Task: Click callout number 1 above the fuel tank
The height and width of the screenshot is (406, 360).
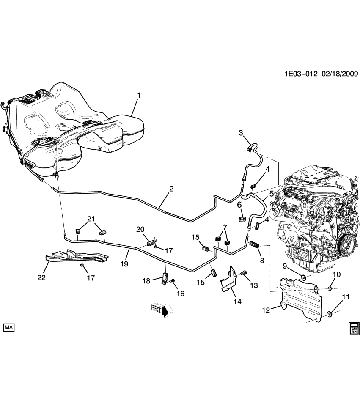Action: point(138,95)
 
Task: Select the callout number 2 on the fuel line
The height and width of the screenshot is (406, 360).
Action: point(172,189)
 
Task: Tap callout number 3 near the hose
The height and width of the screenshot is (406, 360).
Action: point(241,133)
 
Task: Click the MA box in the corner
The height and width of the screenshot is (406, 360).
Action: point(9,327)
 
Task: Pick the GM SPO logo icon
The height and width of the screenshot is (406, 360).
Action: point(354,329)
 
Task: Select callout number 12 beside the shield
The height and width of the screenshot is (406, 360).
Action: point(265,310)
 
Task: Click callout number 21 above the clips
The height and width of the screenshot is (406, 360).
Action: point(91,219)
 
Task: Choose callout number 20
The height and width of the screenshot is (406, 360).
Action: point(140,229)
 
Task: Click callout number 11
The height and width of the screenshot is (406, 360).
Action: point(346,297)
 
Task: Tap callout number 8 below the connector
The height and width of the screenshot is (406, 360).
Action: point(262,261)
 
